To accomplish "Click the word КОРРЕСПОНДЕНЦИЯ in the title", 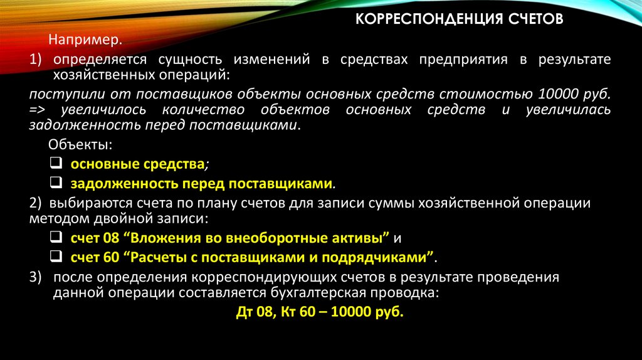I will coord(425,19).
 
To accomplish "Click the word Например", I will coord(85,40).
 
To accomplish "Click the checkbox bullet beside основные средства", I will coord(55,164).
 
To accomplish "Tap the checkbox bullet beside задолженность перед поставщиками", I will coord(55,183).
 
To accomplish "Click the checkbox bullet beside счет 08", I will coord(55,238).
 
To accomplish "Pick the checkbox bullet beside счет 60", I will coord(55,257).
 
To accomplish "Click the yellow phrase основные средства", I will coord(137,164).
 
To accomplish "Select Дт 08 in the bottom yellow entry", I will coord(254,312).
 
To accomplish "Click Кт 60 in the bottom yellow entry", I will coord(298,312).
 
